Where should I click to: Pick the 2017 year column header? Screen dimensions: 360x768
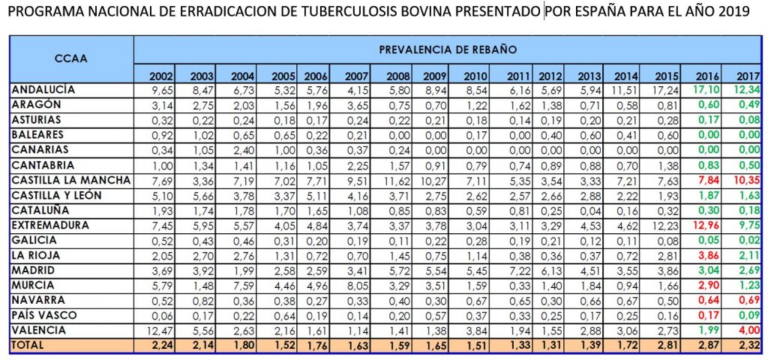coord(745,76)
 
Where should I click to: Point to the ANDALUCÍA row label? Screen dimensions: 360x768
coord(45,90)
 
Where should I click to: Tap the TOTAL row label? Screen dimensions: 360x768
coord(29,345)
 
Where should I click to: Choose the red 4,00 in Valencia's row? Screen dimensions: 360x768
coord(747,330)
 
